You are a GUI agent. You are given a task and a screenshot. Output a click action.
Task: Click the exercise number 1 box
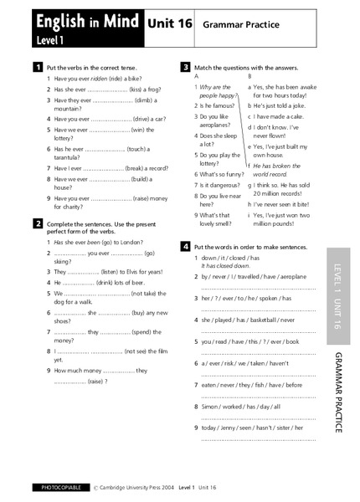(x=38, y=66)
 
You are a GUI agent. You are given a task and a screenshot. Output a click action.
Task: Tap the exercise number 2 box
(x=38, y=223)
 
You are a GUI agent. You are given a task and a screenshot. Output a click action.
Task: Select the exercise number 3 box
(x=185, y=66)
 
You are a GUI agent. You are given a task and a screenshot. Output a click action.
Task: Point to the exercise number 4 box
(x=185, y=246)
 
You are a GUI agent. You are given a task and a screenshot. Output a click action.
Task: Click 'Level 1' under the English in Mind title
(x=51, y=40)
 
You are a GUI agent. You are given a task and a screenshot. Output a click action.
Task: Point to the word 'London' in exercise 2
(x=126, y=241)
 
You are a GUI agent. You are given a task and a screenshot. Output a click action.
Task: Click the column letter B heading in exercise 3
(x=249, y=76)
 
